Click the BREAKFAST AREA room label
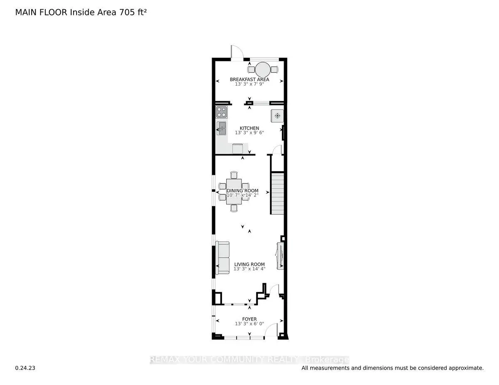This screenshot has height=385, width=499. point(249,79)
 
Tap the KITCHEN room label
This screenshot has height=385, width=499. point(249,128)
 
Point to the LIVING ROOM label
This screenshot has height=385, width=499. point(249,264)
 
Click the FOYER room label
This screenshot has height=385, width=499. point(249,319)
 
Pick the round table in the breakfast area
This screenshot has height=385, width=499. point(262,69)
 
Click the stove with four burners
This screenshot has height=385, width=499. point(221,112)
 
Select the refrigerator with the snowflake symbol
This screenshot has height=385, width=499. point(277,115)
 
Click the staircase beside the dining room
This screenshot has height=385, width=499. point(277,194)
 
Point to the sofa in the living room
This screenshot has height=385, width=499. point(222,258)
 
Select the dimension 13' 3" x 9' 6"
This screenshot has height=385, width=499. point(249,133)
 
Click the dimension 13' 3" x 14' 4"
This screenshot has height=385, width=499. point(249,269)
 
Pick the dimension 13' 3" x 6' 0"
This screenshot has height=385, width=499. point(249,324)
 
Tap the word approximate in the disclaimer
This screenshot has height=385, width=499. point(467,368)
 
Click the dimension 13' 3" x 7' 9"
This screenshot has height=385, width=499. point(249,84)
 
